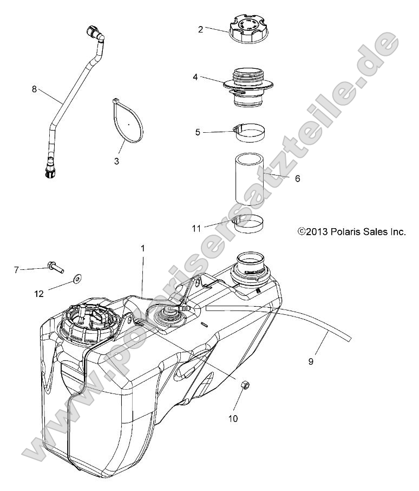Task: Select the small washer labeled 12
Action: pyautogui.click(x=78, y=279)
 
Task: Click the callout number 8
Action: pyautogui.click(x=34, y=89)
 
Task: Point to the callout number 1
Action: pyautogui.click(x=143, y=248)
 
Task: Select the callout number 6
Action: pyautogui.click(x=297, y=178)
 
